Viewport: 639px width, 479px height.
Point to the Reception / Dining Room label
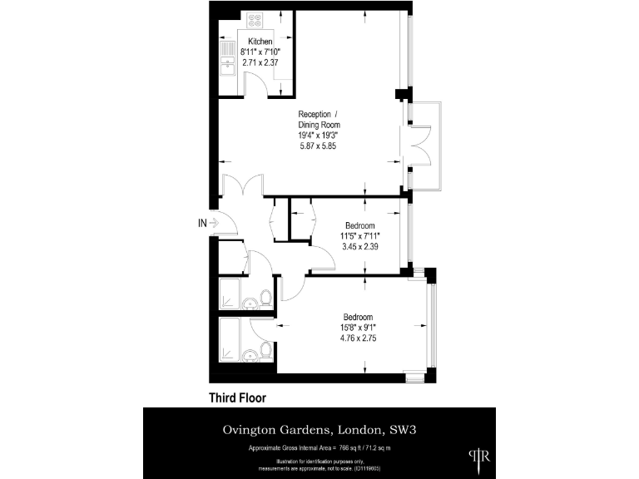pyautogui.click(x=319, y=119)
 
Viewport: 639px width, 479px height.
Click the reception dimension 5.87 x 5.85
pyautogui.click(x=319, y=146)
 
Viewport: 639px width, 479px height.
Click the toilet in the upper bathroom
pyautogui.click(x=264, y=297)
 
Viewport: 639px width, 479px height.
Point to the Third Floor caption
pyautogui.click(x=236, y=398)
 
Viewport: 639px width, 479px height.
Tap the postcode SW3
pyautogui.click(x=403, y=430)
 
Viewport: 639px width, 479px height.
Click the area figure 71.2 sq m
pyautogui.click(x=372, y=448)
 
